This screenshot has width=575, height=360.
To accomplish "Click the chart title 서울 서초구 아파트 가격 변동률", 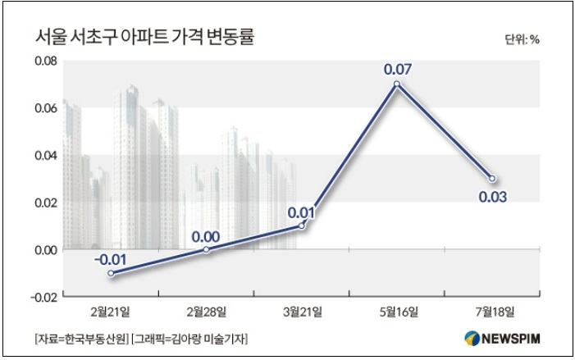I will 144,38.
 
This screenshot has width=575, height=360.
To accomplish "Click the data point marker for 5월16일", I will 397,84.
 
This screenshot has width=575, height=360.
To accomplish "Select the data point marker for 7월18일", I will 492,178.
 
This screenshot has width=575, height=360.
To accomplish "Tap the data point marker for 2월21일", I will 111,272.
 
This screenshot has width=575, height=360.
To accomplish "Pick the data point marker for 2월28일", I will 206,249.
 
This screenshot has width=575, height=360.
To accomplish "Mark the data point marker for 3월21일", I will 302,225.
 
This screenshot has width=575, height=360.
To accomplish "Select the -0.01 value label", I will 109,259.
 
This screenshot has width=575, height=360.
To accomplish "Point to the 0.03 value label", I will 492,196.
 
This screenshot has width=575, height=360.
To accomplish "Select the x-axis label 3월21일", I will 302,312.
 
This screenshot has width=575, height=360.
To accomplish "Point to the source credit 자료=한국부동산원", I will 76,338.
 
